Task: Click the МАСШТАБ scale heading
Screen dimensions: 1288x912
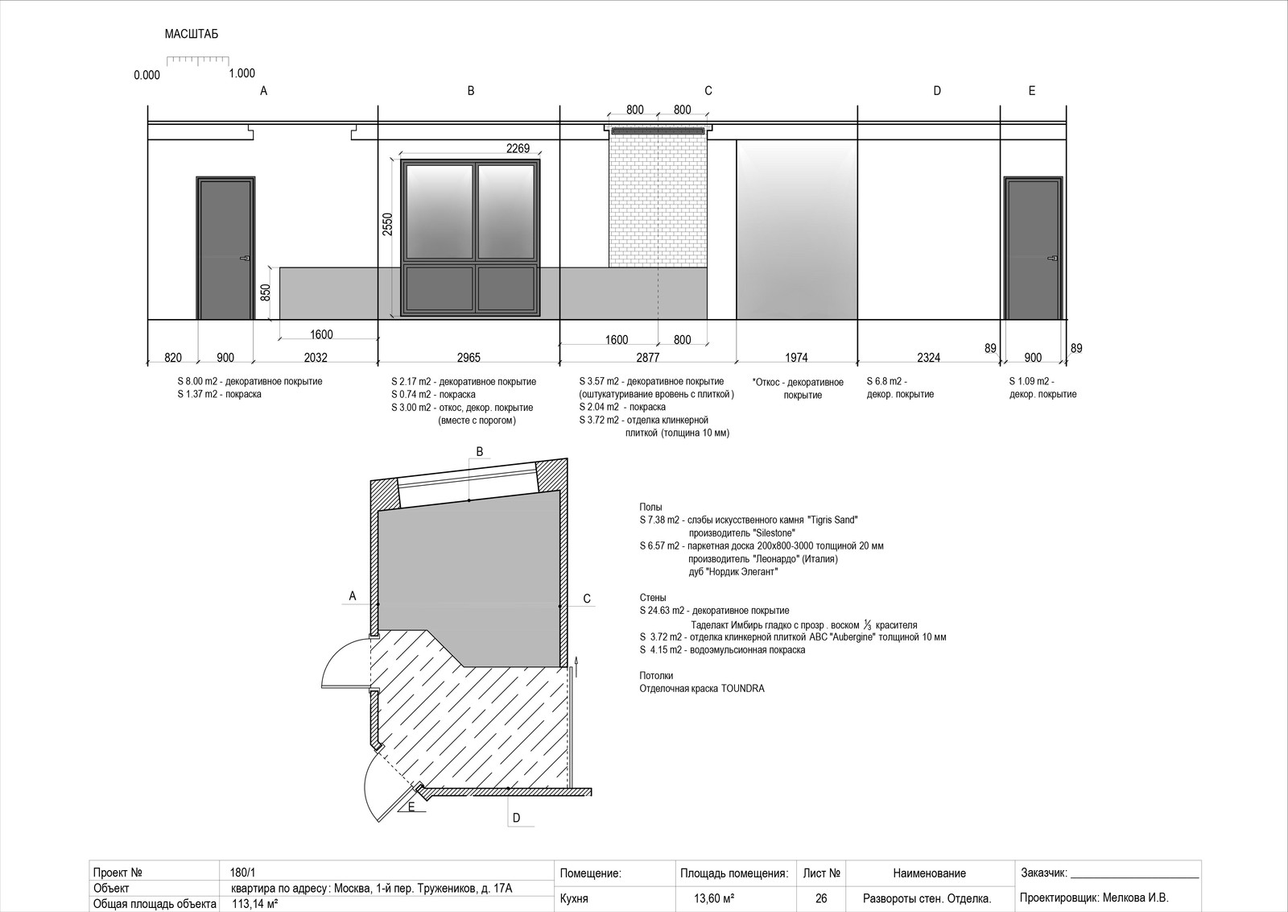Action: [192, 34]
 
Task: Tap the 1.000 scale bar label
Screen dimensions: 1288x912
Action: [242, 73]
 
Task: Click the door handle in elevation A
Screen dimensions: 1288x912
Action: [245, 259]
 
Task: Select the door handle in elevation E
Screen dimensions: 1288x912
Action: [1053, 259]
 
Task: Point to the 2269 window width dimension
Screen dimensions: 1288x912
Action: [518, 148]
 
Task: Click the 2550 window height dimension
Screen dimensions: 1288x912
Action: [388, 225]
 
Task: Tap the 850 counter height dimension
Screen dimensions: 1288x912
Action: [265, 293]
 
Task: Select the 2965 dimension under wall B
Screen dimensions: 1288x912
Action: [469, 358]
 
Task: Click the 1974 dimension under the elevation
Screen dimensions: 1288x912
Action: [796, 358]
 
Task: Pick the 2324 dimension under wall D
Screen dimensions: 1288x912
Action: [929, 358]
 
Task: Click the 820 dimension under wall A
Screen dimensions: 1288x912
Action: [173, 358]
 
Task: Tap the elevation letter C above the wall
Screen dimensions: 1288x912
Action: [708, 91]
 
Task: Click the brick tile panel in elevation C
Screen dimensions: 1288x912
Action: [658, 201]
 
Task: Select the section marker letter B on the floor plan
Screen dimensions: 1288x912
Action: [480, 452]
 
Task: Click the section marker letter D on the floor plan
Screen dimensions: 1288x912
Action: [516, 819]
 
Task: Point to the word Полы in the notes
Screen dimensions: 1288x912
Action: [651, 507]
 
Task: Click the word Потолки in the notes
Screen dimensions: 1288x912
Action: [656, 675]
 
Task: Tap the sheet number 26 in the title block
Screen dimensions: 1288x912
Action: [821, 898]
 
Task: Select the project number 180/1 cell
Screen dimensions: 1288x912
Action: [242, 873]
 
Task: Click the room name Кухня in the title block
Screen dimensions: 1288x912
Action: [574, 899]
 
